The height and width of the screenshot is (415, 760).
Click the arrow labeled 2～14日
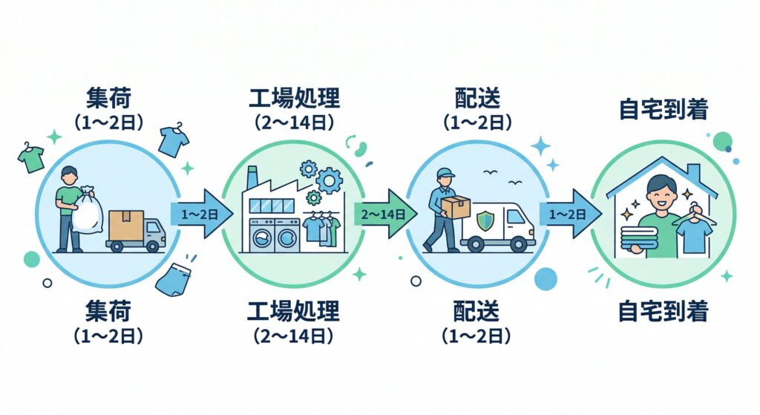[383, 214]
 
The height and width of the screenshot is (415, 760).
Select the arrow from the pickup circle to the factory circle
[197, 214]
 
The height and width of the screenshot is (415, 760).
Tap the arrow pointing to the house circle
[569, 214]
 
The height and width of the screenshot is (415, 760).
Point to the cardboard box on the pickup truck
[125, 224]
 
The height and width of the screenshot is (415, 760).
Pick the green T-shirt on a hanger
[31, 158]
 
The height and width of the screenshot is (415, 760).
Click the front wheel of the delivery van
[524, 244]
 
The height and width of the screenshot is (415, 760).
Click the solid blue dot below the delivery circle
[546, 278]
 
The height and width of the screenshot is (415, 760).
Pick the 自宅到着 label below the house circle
[663, 312]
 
